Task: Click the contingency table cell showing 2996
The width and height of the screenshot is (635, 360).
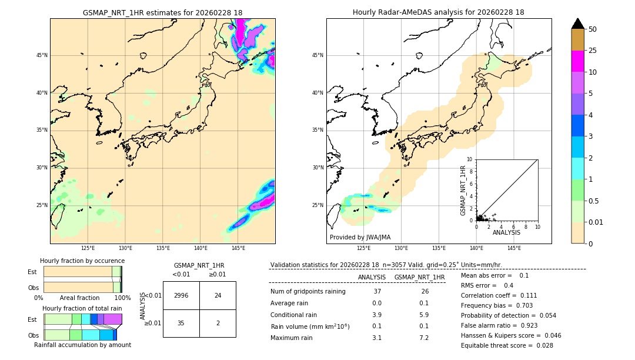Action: [181, 295]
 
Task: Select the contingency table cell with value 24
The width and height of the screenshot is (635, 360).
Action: [218, 295]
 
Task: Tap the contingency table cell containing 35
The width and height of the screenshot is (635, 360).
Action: [181, 323]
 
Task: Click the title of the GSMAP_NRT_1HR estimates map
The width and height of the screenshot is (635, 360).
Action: [162, 12]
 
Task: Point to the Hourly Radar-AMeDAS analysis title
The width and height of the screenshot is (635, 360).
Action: [439, 12]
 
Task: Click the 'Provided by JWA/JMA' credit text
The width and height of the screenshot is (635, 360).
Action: [360, 237]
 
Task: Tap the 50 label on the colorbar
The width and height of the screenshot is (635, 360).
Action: [593, 29]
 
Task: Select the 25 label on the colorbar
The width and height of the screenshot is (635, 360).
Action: [593, 51]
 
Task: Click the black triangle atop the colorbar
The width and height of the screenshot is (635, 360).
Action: [578, 24]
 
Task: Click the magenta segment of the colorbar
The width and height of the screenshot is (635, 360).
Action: [578, 61]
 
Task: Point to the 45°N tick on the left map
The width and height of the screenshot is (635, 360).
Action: [42, 55]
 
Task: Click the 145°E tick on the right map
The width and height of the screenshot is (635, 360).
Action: [514, 248]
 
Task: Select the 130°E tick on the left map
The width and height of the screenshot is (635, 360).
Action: [125, 248]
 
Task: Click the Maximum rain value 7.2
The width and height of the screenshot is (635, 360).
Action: [423, 338]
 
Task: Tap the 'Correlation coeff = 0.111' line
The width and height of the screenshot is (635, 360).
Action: [499, 295]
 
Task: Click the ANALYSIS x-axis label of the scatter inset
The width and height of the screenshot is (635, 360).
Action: [506, 233]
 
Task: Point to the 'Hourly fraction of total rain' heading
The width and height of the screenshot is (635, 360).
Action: [82, 309]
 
